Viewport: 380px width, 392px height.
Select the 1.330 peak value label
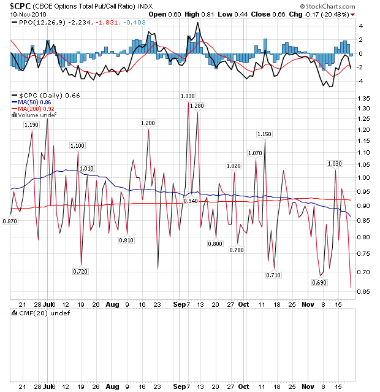pyautogui.click(x=188, y=96)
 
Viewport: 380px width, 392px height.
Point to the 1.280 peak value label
pyautogui.click(x=197, y=106)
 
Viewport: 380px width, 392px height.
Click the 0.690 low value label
pyautogui.click(x=319, y=283)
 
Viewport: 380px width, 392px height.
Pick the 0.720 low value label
pyautogui.click(x=80, y=271)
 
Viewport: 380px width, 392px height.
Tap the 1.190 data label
pyautogui.click(x=31, y=125)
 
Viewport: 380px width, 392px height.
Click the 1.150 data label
pyautogui.click(x=264, y=134)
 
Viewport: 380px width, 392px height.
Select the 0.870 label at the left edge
pyautogui.click(x=10, y=221)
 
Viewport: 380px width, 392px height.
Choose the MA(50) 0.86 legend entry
pyautogui.click(x=34, y=102)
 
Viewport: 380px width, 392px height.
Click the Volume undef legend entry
pyautogui.click(x=35, y=115)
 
